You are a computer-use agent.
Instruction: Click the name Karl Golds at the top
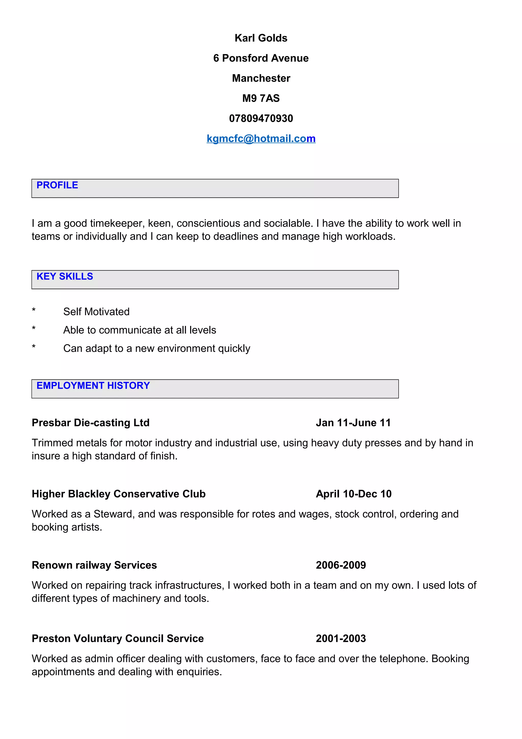tap(261, 38)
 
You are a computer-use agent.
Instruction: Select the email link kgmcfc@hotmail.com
tap(261, 138)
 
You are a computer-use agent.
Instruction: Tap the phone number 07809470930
tap(261, 118)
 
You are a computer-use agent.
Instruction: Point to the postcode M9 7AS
tap(261, 98)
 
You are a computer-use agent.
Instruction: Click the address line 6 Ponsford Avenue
tap(261, 58)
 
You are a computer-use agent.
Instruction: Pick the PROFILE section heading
tap(57, 185)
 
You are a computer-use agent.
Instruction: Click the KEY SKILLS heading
tap(65, 276)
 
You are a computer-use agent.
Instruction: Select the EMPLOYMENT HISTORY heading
tap(93, 386)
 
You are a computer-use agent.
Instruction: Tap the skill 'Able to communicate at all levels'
tap(140, 330)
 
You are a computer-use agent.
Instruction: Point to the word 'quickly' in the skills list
tap(234, 349)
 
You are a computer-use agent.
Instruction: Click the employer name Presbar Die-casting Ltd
tap(91, 423)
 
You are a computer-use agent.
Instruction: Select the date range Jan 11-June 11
tap(353, 423)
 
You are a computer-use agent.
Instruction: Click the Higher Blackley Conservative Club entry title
tap(118, 494)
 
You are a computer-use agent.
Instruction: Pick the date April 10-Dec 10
tap(354, 494)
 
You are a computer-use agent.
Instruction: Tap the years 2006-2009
tap(341, 565)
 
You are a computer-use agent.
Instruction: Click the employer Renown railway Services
tap(94, 565)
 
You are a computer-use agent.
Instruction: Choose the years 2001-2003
tap(341, 638)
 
